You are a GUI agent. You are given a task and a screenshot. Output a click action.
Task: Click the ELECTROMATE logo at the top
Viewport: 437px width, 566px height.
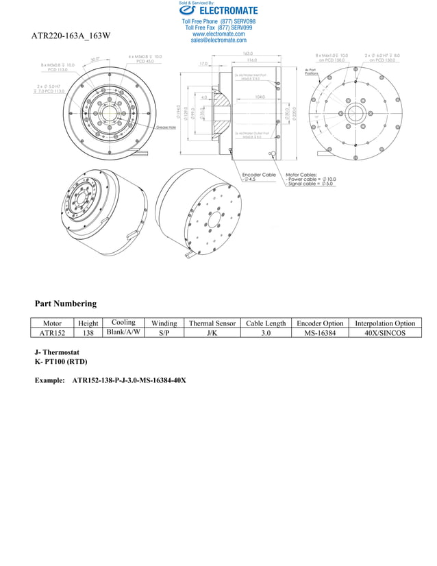tap(218, 10)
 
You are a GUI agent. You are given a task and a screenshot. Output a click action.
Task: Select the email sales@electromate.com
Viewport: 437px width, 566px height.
tap(218, 40)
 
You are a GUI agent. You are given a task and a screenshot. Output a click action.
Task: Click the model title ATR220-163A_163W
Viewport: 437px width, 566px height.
tap(71, 35)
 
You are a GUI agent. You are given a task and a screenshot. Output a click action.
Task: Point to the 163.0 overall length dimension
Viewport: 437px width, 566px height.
tap(247, 53)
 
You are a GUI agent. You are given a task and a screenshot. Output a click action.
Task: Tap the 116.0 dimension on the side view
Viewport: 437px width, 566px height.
tap(252, 61)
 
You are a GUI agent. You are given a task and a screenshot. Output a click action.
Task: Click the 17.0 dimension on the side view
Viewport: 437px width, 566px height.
tap(203, 64)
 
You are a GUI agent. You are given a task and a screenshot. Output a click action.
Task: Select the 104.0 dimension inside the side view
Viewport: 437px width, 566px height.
tap(260, 97)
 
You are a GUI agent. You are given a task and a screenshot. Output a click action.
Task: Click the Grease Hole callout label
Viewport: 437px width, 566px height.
tap(166, 127)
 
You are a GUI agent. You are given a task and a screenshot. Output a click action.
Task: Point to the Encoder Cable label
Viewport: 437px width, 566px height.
tap(260, 175)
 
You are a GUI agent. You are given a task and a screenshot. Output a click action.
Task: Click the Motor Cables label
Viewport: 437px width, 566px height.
tap(302, 175)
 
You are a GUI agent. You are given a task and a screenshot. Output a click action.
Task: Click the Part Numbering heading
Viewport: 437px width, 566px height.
tap(66, 304)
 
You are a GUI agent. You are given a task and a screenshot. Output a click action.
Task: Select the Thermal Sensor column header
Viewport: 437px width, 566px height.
tap(212, 323)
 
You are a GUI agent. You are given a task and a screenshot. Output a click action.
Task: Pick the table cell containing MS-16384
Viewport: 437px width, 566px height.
tap(319, 333)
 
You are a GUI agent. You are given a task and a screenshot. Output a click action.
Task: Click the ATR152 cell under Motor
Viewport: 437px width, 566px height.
tap(52, 333)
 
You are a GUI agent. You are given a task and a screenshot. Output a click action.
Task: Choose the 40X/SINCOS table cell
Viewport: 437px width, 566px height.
tap(385, 333)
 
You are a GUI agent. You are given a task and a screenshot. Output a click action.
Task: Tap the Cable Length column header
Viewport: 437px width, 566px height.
tap(266, 323)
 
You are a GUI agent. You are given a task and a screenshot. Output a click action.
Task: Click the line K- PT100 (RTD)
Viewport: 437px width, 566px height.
tap(61, 361)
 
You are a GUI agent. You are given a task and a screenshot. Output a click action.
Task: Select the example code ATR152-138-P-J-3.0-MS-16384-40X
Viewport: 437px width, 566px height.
tap(129, 380)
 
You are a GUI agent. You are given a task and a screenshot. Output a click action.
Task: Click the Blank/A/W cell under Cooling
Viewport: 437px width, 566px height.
tap(123, 332)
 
